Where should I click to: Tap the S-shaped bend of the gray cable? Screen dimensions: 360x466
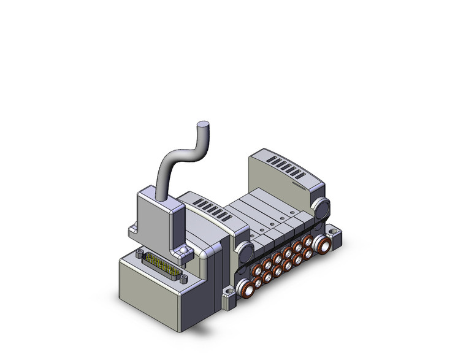pos(178,153)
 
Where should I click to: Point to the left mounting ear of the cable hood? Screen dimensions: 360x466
pos(132,231)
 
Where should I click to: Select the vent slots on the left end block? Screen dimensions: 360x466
pos(207,205)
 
